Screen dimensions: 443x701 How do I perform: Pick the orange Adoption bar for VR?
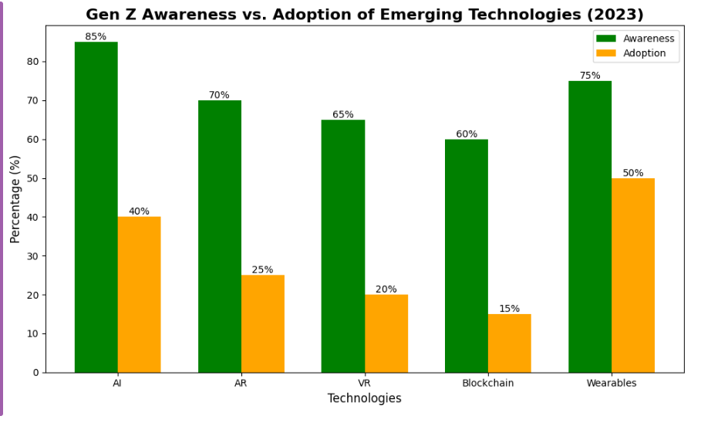click(x=386, y=333)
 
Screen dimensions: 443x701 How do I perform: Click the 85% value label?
click(x=96, y=36)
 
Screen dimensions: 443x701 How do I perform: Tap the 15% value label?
click(x=509, y=309)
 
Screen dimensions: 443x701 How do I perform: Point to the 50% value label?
click(x=633, y=173)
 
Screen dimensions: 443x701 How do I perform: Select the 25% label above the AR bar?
click(x=262, y=269)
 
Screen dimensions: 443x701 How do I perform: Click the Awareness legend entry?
click(x=649, y=39)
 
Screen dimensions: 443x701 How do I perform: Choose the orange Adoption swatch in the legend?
click(x=606, y=53)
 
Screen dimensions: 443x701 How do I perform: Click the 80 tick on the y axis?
click(x=33, y=62)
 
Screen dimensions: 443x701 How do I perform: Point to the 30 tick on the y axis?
click(x=33, y=256)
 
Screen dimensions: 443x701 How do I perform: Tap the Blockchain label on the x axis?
click(x=487, y=383)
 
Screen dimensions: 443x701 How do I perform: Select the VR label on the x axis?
click(x=365, y=383)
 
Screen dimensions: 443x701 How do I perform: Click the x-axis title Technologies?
click(x=364, y=398)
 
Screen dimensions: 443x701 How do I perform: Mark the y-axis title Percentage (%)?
click(x=15, y=198)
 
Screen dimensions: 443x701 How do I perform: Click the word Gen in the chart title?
click(x=103, y=15)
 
